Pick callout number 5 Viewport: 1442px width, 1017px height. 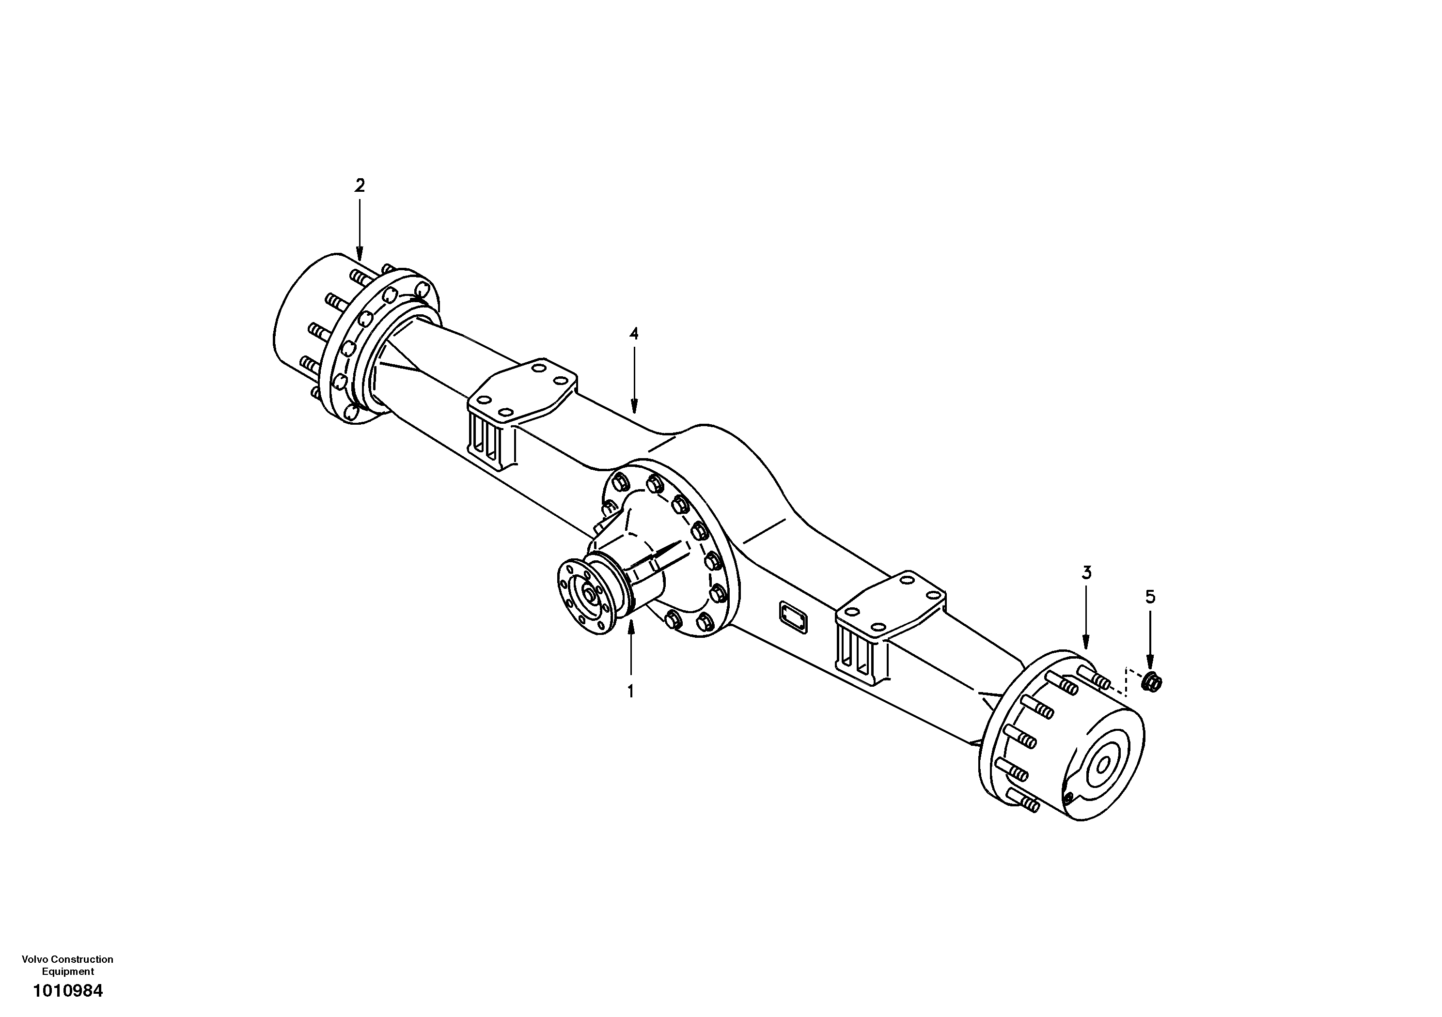point(1150,597)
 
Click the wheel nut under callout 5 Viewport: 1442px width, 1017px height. point(1152,682)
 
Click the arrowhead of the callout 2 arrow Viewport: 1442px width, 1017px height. point(359,256)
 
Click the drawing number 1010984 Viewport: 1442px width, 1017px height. point(68,991)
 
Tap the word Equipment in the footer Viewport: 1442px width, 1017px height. point(68,971)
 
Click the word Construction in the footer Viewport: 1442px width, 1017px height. point(82,959)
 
